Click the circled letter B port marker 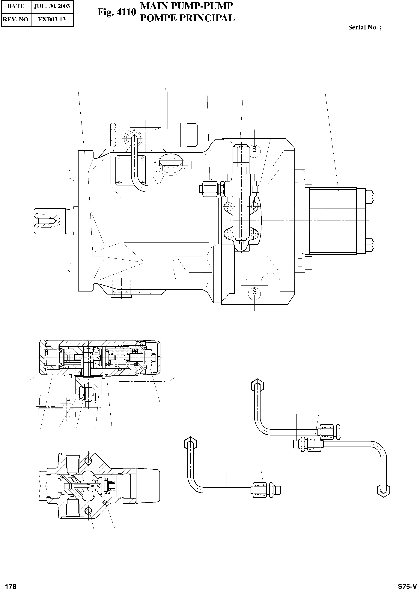[254, 149]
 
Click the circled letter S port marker [254, 291]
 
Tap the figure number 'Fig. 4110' [116, 12]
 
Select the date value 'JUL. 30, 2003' [52, 6]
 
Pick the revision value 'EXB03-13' [52, 19]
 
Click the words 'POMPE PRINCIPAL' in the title [187, 18]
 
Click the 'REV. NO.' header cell [16, 19]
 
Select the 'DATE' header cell [16, 6]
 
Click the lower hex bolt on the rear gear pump [369, 245]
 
